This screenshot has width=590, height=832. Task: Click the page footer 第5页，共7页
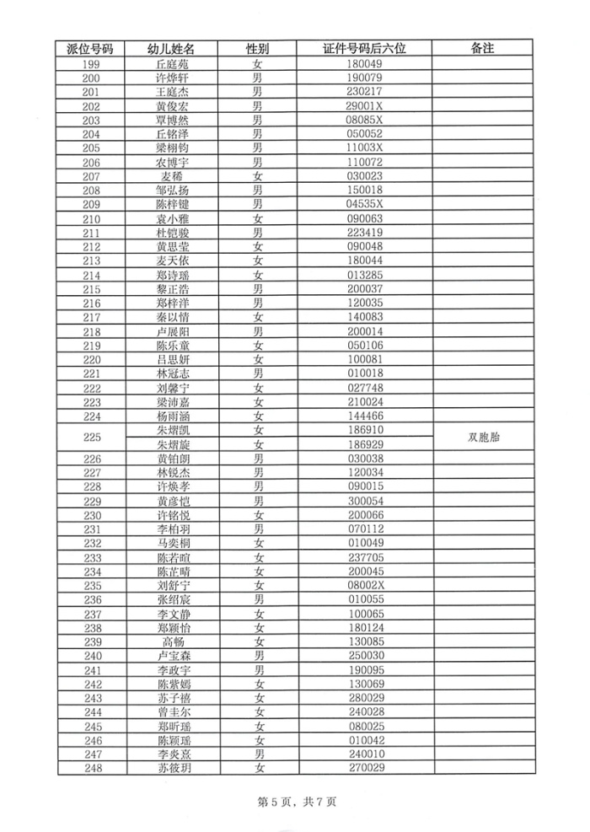coord(295,802)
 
